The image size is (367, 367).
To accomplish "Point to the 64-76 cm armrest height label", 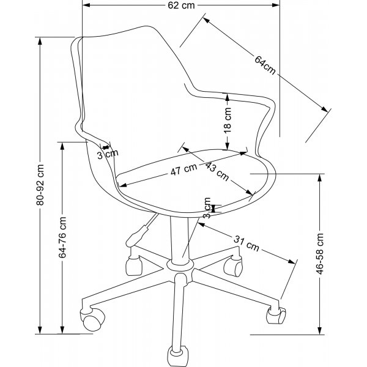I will [x=62, y=239].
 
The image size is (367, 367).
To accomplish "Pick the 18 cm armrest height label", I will [x=227, y=121].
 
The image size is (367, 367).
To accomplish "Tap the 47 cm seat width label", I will [x=184, y=171].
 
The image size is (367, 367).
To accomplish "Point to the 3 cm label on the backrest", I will [x=108, y=154].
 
